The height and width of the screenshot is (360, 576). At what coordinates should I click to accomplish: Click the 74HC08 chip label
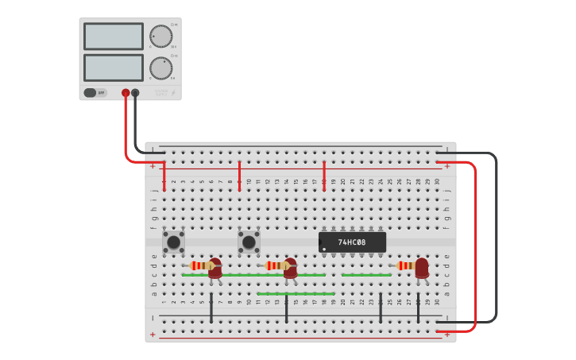(x=352, y=242)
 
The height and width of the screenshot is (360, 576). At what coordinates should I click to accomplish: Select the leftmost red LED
(x=215, y=268)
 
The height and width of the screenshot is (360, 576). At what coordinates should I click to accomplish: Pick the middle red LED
(x=290, y=268)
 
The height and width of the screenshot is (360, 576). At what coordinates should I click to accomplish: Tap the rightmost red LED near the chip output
(x=421, y=267)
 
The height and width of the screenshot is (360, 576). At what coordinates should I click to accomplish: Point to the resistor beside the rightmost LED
(x=405, y=265)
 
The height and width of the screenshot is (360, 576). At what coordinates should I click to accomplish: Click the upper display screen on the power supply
(x=114, y=37)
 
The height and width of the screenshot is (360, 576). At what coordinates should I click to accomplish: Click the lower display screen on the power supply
(x=114, y=68)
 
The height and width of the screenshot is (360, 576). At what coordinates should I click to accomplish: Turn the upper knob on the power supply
(x=160, y=37)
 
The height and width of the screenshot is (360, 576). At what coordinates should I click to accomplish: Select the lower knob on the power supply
(x=160, y=68)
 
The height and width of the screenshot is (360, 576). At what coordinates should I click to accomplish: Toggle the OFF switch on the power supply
(x=95, y=93)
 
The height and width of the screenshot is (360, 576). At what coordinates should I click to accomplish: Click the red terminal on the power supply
(x=126, y=93)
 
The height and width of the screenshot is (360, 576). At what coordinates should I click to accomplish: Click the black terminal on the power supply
(x=135, y=93)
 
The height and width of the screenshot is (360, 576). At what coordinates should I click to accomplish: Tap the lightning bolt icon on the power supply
(x=174, y=93)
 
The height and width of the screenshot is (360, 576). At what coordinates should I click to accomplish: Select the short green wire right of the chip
(x=366, y=275)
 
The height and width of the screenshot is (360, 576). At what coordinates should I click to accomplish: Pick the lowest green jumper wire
(x=295, y=294)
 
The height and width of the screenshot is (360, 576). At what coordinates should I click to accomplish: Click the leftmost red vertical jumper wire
(x=164, y=176)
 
